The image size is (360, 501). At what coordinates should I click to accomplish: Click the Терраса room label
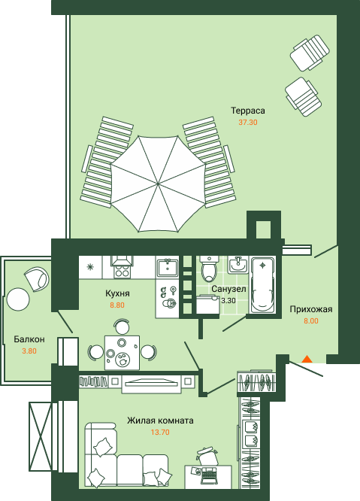[248, 111]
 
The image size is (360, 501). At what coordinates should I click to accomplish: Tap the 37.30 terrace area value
[248, 122]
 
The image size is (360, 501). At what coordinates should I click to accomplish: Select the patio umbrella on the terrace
[158, 184]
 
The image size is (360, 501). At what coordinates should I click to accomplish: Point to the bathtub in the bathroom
[262, 285]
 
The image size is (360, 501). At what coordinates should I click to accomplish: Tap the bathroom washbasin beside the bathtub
[237, 265]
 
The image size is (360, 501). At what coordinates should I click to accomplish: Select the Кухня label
[117, 293]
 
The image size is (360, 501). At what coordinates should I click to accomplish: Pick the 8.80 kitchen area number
[117, 305]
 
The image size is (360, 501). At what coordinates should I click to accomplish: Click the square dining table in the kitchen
[123, 352]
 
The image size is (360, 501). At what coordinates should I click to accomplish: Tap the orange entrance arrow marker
[307, 359]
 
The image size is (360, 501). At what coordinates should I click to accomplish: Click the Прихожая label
[311, 309]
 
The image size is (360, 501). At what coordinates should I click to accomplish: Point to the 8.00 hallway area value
[311, 321]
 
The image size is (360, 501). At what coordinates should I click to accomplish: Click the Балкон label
[29, 339]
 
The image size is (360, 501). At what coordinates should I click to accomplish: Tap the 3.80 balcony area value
[29, 351]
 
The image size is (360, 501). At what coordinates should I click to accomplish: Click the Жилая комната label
[160, 421]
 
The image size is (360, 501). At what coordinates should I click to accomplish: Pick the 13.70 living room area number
[160, 433]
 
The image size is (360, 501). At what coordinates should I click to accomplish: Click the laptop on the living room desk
[209, 476]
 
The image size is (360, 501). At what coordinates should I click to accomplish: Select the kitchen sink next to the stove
[168, 266]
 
